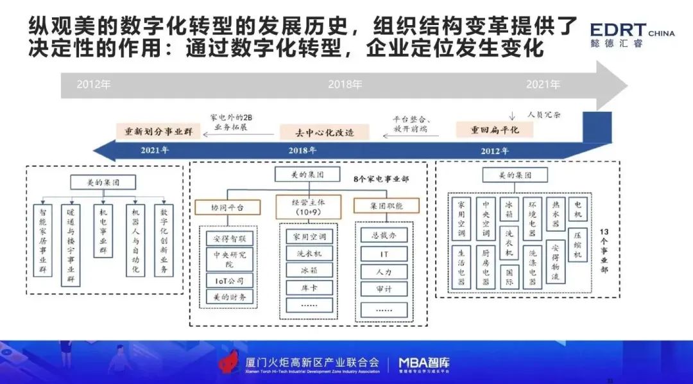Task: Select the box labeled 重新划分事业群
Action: [158, 132]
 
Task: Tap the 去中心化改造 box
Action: [316, 133]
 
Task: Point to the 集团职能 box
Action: [386, 206]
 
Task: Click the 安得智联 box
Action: [230, 239]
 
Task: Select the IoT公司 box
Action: [230, 281]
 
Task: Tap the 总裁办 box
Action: [384, 235]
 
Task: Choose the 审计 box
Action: [384, 290]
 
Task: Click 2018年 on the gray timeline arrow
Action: [345, 84]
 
